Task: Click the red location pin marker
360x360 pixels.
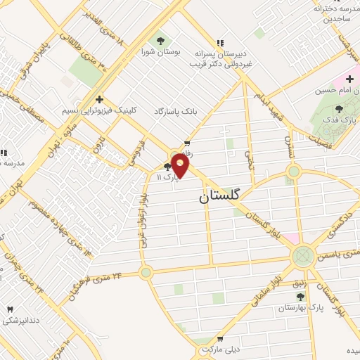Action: [x=181, y=165]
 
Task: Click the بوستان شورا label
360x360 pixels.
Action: [x=156, y=51]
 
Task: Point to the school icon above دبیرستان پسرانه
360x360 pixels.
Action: [x=220, y=42]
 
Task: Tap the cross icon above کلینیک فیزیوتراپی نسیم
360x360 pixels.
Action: [x=100, y=99]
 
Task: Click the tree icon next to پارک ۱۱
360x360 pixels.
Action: [x=167, y=167]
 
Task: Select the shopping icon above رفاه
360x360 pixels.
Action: [x=186, y=141]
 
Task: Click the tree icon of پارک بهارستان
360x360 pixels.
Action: [x=301, y=298]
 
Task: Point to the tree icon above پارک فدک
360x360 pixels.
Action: [x=340, y=109]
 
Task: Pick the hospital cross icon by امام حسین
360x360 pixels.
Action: [x=349, y=79]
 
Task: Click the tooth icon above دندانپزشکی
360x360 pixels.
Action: [x=10, y=309]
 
